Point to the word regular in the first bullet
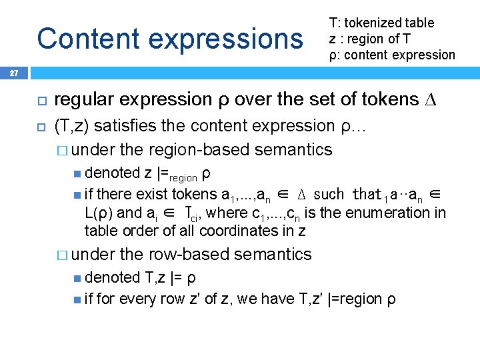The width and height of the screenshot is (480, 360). (79, 100)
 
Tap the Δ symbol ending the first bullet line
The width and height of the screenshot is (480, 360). (430, 99)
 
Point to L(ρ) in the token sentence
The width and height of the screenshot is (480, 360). (99, 213)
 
